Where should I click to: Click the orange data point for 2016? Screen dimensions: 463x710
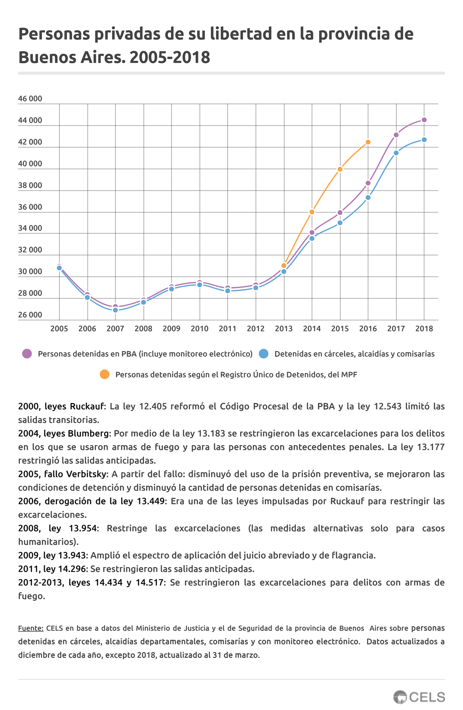coord(368,142)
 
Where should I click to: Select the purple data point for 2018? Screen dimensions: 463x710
coord(424,120)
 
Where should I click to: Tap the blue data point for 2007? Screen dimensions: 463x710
coord(115,310)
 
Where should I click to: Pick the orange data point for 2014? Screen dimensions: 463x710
coord(312,212)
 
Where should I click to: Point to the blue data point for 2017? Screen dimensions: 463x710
coord(396,153)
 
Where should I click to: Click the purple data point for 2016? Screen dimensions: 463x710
coord(368,183)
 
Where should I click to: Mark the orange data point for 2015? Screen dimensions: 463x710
coord(340,169)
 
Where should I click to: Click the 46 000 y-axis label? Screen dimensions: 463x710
coord(30,99)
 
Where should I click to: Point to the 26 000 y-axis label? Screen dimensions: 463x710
coord(30,315)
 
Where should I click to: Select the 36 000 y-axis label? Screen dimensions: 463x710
coord(30,207)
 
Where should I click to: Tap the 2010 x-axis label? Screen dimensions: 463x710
coord(199,329)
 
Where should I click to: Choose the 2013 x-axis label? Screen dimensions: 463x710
coord(284,329)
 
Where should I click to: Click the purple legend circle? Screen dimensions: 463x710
coord(27,353)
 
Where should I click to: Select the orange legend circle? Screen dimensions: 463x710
coord(104,374)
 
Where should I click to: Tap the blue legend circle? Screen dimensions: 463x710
coord(264,353)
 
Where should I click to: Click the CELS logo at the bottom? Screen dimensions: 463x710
coord(419,697)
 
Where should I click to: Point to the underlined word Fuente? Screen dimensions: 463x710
coord(30,628)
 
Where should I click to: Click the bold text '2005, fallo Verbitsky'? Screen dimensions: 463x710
coord(62,474)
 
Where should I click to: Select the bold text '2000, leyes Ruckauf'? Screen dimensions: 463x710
coord(61,406)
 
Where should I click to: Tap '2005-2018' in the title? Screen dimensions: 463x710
coord(170,57)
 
